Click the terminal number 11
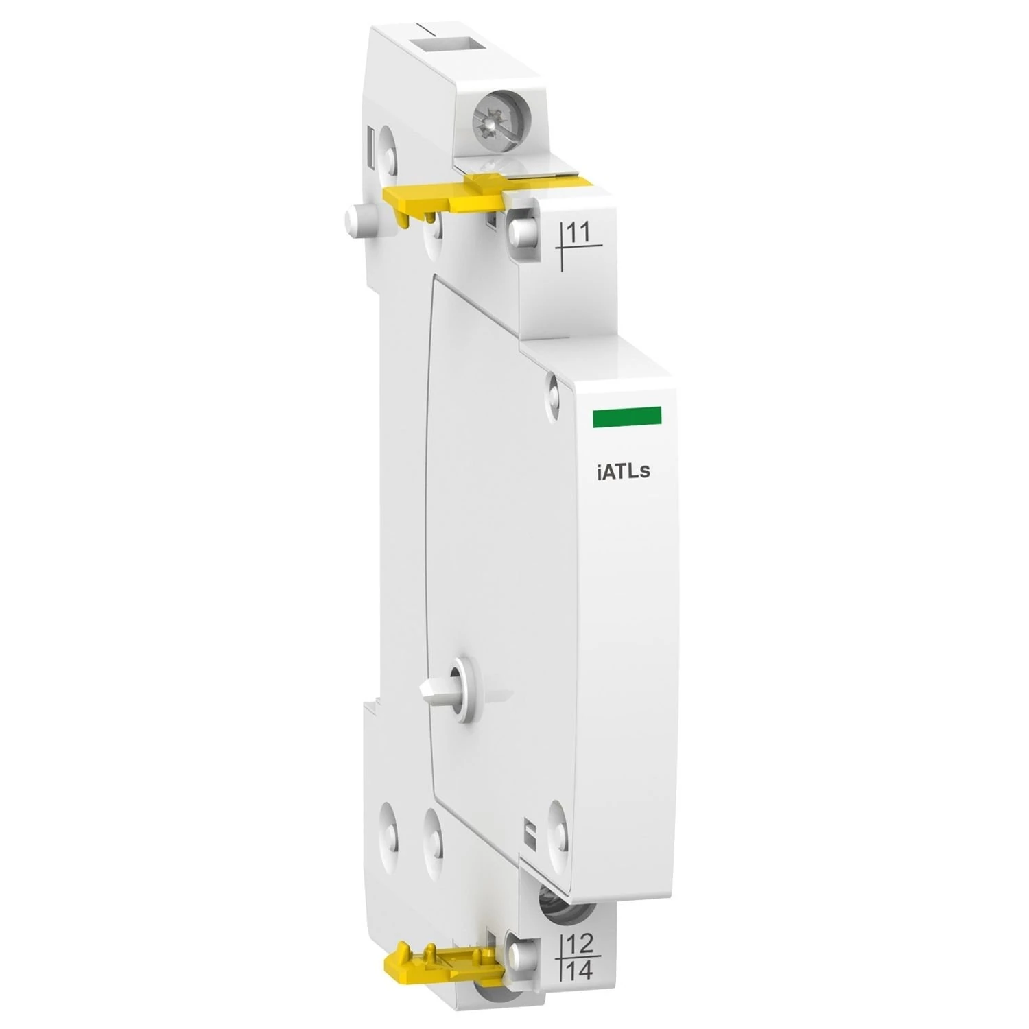tap(580, 233)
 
